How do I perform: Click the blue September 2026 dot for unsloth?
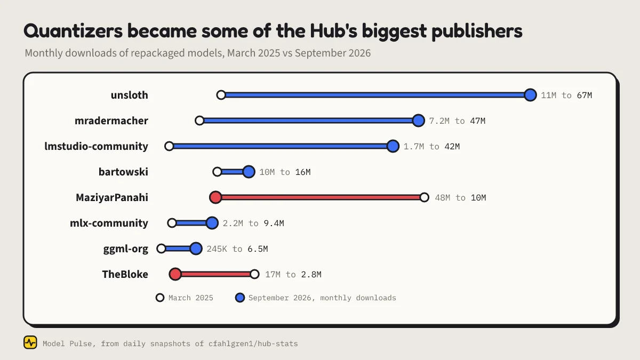530,95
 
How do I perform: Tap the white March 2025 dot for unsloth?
221,95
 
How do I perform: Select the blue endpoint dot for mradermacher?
418,121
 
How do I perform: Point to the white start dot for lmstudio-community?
169,146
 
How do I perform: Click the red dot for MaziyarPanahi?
215,197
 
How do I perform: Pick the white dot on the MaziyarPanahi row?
425,197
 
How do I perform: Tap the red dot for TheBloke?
175,274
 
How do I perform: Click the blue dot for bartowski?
249,172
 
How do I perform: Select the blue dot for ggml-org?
196,249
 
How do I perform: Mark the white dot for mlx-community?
172,223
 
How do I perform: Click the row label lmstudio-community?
97,146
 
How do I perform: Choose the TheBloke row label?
125,274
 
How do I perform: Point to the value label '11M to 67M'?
566,95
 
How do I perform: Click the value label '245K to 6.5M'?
237,249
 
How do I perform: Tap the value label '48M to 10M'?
460,198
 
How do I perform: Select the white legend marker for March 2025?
160,298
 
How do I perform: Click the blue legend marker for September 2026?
239,298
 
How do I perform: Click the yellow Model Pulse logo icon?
30,342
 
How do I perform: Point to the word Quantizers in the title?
73,31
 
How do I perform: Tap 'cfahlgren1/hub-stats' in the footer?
253,343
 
